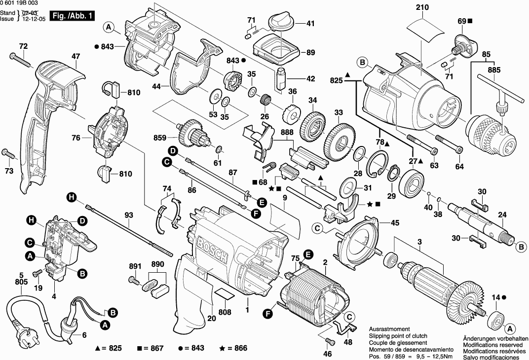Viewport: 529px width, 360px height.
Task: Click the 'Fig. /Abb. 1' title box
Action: click(73, 16)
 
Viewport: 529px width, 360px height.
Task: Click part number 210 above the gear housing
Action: click(422, 7)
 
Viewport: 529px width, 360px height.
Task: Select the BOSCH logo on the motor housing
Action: click(213, 251)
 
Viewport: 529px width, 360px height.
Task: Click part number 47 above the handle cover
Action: click(75, 57)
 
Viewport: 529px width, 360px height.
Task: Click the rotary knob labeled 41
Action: click(282, 22)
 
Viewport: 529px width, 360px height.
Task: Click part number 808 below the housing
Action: click(225, 312)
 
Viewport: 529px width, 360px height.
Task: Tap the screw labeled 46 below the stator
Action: click(330, 341)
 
